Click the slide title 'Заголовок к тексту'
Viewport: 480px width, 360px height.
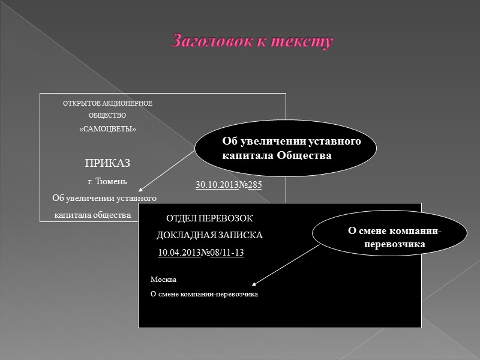(252, 41)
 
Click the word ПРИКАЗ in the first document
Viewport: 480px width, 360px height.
(107, 164)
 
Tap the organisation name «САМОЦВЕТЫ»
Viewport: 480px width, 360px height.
(108, 130)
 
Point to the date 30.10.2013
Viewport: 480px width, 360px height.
(217, 185)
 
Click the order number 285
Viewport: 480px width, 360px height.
(254, 185)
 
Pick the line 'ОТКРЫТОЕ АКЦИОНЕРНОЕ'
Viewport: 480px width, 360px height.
(108, 103)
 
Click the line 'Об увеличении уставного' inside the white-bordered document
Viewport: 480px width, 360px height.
(104, 198)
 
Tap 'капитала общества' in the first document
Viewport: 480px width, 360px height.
(93, 214)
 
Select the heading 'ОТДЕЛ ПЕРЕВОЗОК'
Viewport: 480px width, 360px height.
(210, 218)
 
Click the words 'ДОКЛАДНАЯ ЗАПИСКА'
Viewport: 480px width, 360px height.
(209, 235)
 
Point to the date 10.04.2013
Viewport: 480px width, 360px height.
(178, 253)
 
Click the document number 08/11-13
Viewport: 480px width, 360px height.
(226, 253)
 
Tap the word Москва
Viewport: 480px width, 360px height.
(164, 280)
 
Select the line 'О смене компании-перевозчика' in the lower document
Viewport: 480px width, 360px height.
(204, 293)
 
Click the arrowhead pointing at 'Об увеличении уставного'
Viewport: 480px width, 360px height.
(135, 191)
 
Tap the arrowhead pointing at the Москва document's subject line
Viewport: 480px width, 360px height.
(254, 284)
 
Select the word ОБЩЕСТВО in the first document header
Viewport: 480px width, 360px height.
(108, 115)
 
